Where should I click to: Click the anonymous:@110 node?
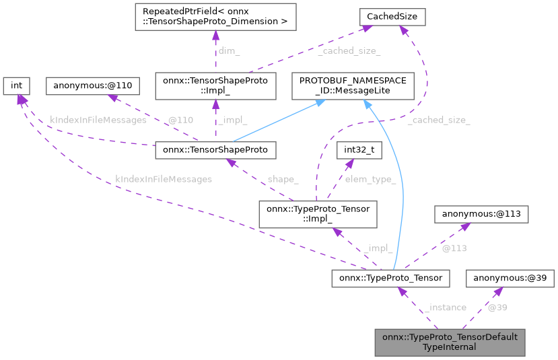click(x=92, y=85)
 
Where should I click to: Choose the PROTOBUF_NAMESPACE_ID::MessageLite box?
click(x=353, y=86)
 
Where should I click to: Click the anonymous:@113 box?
click(x=481, y=214)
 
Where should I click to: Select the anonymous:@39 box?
click(x=510, y=278)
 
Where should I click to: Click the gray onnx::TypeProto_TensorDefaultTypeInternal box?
click(x=450, y=342)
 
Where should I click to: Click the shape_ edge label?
click(x=282, y=179)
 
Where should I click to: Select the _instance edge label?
click(x=445, y=308)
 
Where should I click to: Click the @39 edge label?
click(x=497, y=308)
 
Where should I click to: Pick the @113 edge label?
click(x=454, y=248)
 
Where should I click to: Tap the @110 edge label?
click(x=180, y=120)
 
